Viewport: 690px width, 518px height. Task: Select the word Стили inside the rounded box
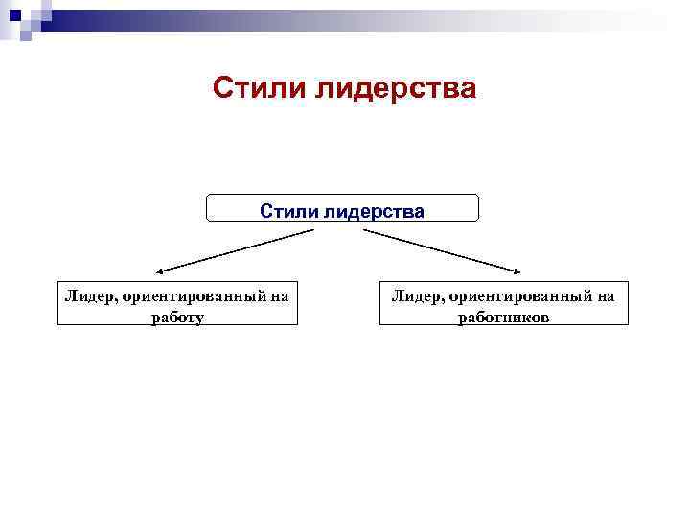[287, 210]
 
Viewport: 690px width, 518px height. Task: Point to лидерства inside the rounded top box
[372, 210]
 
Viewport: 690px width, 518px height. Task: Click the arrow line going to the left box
[235, 250]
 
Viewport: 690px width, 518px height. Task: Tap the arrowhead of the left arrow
[161, 271]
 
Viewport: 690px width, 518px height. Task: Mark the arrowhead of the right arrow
[518, 271]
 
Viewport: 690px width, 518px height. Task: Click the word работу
[177, 317]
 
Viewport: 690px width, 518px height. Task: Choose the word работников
[503, 317]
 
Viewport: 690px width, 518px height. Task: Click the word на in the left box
[279, 296]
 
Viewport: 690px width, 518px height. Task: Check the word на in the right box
[605, 296]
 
